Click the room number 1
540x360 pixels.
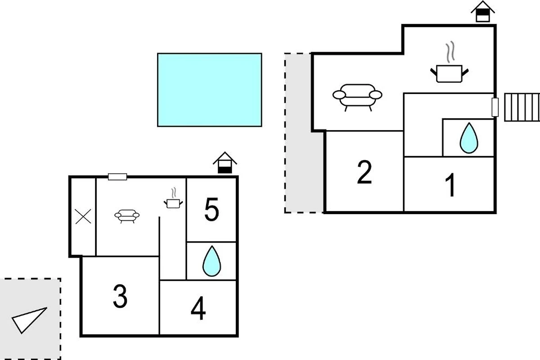(x=450, y=185)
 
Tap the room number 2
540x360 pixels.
(x=364, y=172)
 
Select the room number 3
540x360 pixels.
(x=120, y=296)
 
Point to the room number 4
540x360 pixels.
(x=198, y=308)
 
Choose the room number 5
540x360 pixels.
(x=211, y=209)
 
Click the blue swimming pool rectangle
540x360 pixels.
(x=210, y=90)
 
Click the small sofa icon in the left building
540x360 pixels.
(x=127, y=216)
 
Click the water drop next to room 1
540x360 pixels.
(x=469, y=138)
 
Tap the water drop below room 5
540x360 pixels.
(x=211, y=261)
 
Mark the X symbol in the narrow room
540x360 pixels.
(x=83, y=216)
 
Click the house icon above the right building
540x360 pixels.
(x=482, y=11)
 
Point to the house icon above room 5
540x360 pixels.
(x=225, y=162)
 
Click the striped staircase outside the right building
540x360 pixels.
(x=522, y=107)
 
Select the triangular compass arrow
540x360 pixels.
(x=29, y=320)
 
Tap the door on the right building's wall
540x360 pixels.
(x=495, y=107)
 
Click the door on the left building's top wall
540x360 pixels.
(x=117, y=177)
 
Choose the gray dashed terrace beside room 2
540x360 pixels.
(x=304, y=133)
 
